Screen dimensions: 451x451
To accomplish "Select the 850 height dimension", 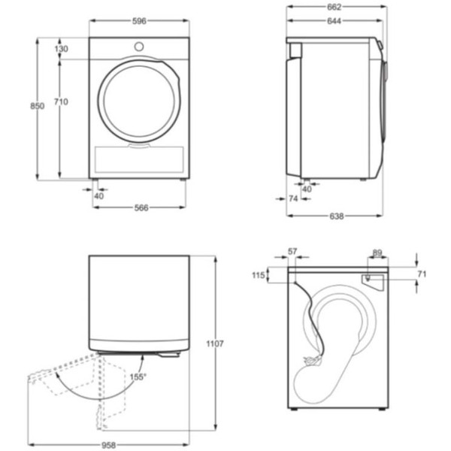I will coord(37,106).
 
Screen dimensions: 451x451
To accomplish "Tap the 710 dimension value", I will coord(60,101).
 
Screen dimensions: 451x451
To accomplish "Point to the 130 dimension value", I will coord(61,49).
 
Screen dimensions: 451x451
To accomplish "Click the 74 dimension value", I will coord(293,199).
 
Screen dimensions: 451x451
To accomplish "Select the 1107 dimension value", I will coord(214,344).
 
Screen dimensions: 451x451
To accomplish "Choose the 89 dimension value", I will coord(377,253).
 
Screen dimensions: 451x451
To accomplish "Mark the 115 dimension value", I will coord(259,276).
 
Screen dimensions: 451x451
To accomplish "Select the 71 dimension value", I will coord(422,275).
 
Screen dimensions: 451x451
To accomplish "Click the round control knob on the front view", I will coord(138,47).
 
